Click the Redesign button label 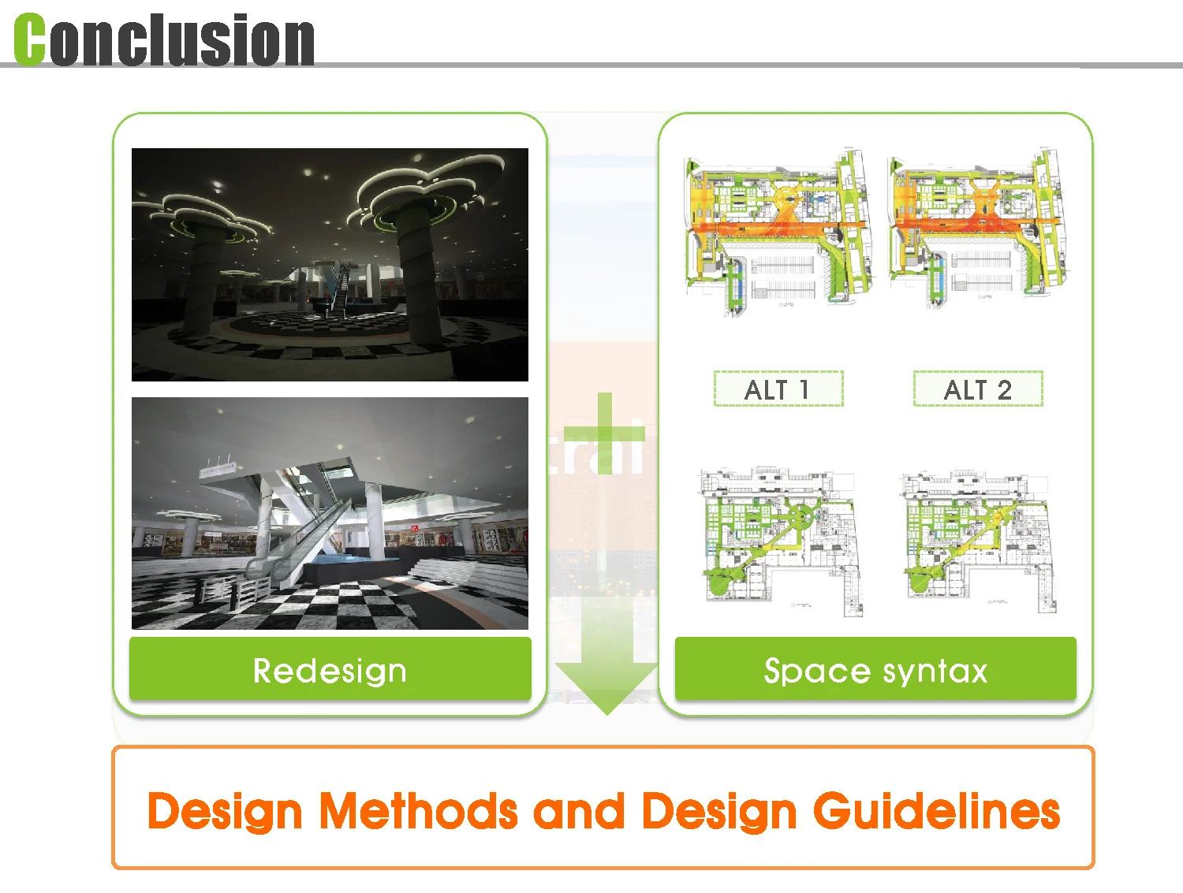point(330,671)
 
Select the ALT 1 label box point(778,389)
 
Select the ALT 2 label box point(978,389)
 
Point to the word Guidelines point(936,811)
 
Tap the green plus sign point(605,433)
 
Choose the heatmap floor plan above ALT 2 point(976,228)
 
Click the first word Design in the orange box point(225,811)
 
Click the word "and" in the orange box point(580,811)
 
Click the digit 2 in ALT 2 point(1004,389)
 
